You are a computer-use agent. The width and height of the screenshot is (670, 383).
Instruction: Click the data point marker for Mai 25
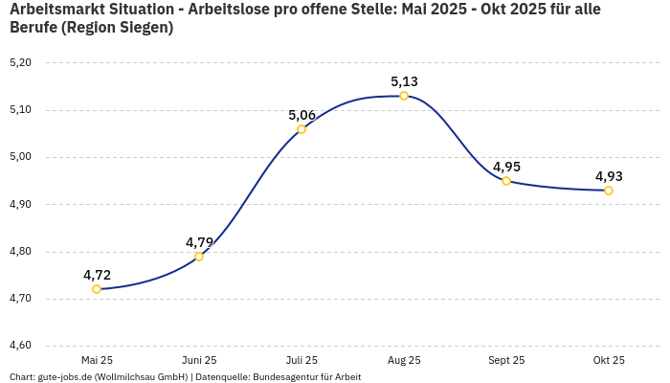pos(97,289)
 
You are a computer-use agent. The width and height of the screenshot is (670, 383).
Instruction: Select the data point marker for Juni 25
pos(199,257)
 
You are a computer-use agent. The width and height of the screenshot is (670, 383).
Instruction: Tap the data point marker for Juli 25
pos(301,129)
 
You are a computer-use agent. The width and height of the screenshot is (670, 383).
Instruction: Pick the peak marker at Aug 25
pos(404,96)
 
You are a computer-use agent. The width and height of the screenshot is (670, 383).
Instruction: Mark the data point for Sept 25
pos(506,181)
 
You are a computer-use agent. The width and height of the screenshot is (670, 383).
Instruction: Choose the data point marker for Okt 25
pos(609,191)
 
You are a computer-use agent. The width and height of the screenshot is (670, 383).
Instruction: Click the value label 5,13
pos(404,81)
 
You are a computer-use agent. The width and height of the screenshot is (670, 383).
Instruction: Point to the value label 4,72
pos(97,275)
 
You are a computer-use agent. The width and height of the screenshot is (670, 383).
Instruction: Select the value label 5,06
pos(301,115)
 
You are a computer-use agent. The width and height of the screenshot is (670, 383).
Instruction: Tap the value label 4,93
pos(609,176)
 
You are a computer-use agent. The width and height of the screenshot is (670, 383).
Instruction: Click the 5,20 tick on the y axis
pos(20,63)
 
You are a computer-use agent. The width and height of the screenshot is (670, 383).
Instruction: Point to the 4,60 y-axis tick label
pos(20,346)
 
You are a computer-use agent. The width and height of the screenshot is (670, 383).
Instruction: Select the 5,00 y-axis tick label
pos(20,157)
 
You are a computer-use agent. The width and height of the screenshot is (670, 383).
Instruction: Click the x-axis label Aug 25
pos(404,360)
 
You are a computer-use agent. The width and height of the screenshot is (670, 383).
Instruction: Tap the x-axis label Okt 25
pos(609,360)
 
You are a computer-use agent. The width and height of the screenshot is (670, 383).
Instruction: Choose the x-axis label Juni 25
pos(199,360)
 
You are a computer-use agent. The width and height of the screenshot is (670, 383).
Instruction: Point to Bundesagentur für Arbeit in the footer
pos(306,376)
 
